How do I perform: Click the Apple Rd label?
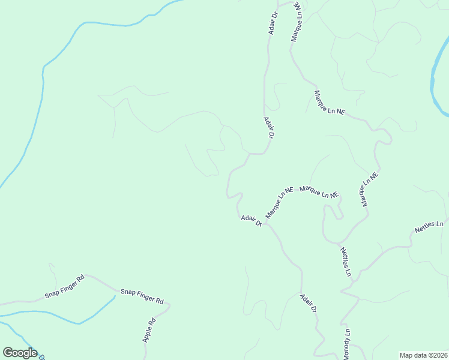coord(149,329)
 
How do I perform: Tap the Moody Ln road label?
coord(346,344)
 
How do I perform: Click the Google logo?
coord(20,353)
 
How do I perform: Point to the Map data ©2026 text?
coord(423,355)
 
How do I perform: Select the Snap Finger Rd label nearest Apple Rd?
coord(142,296)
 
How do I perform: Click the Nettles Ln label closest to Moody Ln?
coord(345,262)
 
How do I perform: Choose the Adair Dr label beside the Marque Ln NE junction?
coord(252,221)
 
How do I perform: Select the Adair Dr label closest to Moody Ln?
coord(309,304)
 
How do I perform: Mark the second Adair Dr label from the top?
coord(268,128)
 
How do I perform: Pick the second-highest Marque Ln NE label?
coord(330,103)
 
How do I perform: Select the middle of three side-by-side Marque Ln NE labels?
coord(319,192)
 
